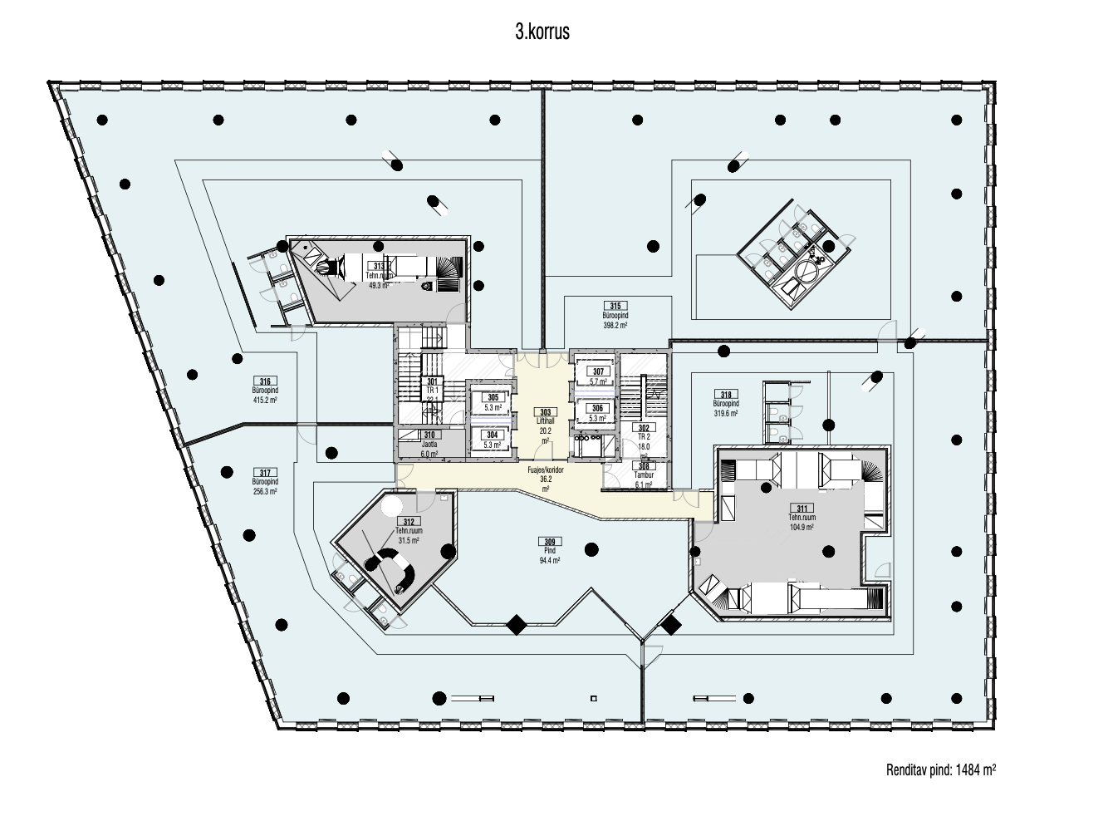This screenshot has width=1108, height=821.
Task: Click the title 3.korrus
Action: click(542, 33)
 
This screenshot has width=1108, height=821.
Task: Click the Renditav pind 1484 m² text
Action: click(940, 770)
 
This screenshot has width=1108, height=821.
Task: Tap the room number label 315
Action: click(615, 306)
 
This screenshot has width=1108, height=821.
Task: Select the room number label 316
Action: click(264, 381)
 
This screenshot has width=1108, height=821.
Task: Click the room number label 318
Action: click(726, 395)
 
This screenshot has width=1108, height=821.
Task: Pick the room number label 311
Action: click(801, 508)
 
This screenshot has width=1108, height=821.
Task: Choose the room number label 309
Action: click(549, 542)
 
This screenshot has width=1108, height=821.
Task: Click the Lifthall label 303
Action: click(545, 412)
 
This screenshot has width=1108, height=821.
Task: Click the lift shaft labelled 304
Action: click(493, 435)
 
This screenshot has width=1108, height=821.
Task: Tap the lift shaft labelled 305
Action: click(493, 398)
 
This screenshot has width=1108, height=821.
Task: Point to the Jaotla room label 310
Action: click(429, 435)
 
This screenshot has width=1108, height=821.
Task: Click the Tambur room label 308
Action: click(643, 466)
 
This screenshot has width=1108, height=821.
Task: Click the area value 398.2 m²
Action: click(615, 326)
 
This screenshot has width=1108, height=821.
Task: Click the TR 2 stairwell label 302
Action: click(643, 427)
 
